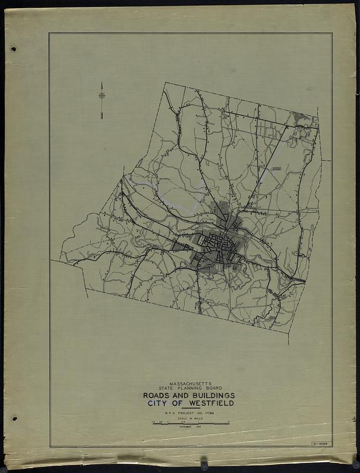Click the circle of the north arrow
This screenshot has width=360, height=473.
[102, 95]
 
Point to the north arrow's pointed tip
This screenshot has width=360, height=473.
[102, 82]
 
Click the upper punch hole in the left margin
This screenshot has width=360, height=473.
[14, 49]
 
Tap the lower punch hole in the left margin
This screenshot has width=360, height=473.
[14, 419]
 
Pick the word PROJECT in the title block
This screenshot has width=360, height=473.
[187, 412]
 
